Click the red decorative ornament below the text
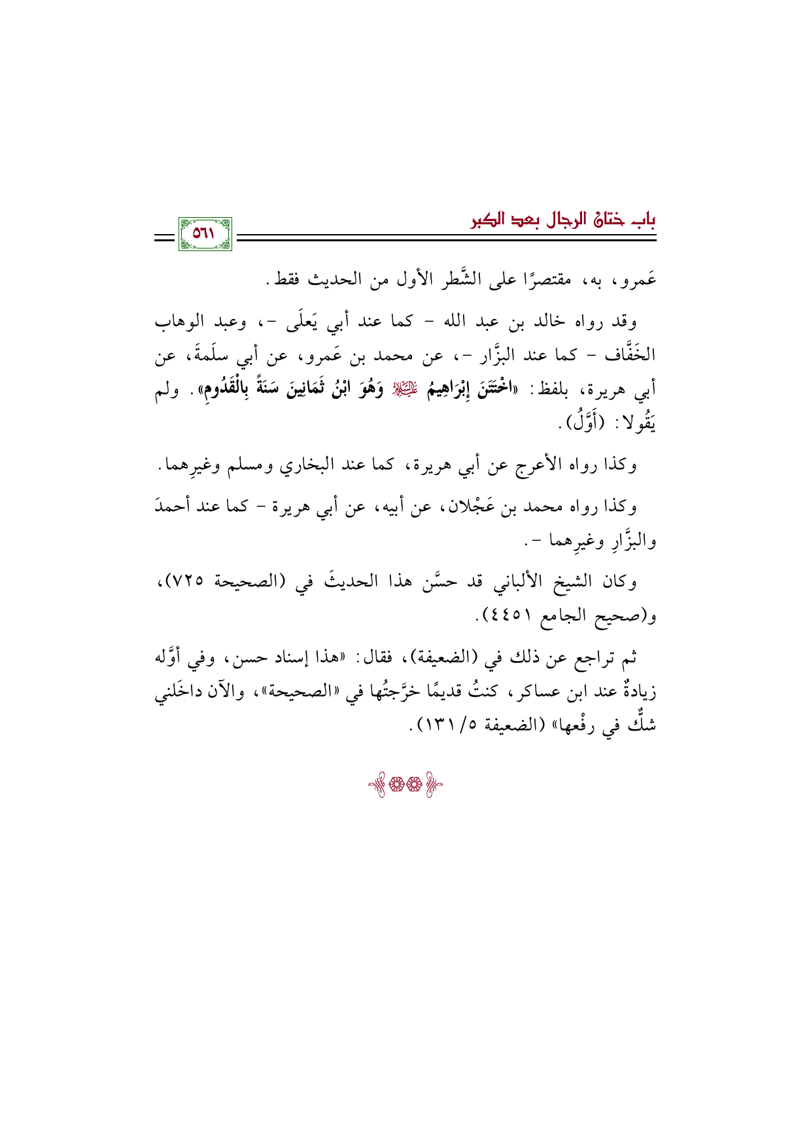[x=405, y=785]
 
